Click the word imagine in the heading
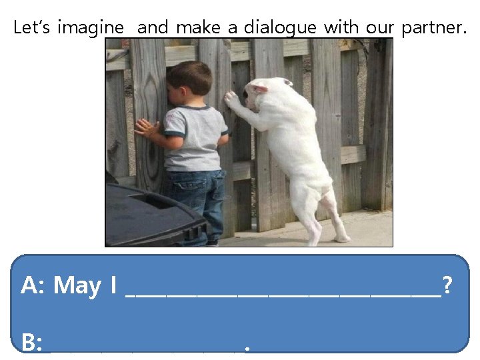(x=90, y=28)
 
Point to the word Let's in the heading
(x=32, y=28)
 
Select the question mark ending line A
(x=447, y=286)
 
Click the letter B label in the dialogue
(x=29, y=343)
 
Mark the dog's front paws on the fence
(x=231, y=98)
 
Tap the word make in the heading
(x=199, y=28)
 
